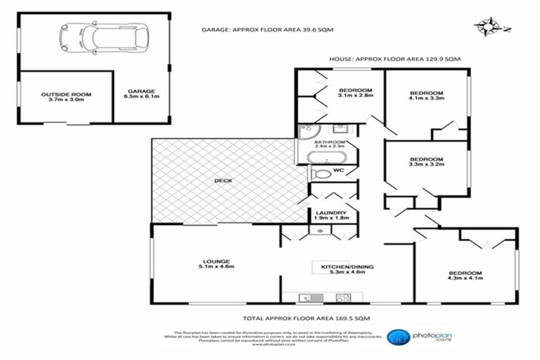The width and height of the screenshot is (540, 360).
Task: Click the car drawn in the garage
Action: (x=105, y=39)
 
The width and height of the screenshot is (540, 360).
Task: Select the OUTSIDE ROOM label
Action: (x=66, y=97)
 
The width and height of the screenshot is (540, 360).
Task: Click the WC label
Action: (x=347, y=170)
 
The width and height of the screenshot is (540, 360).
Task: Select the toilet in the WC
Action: (x=321, y=173)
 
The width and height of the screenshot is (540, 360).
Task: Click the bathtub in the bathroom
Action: (x=326, y=156)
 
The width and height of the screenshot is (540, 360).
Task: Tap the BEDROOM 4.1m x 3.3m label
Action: (x=426, y=97)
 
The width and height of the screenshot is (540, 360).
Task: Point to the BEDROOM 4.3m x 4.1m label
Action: (x=465, y=276)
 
